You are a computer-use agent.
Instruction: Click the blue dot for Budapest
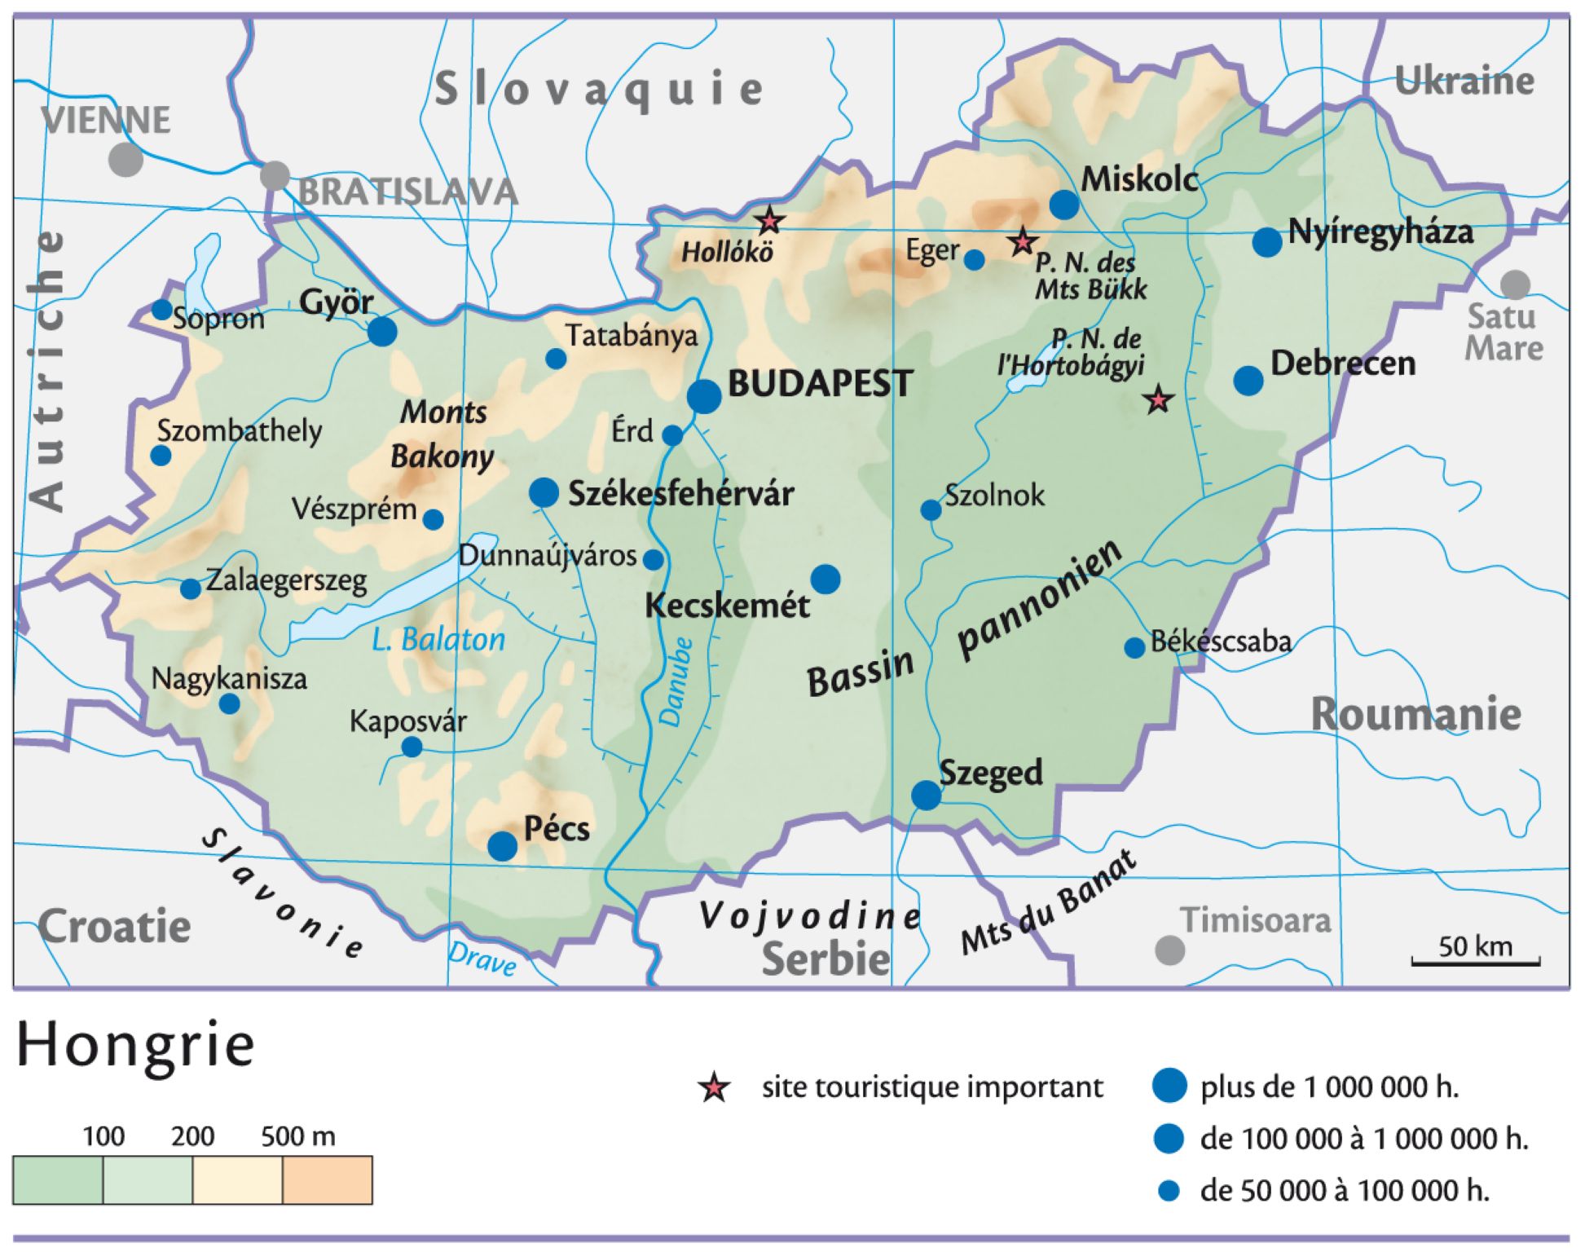pyautogui.click(x=704, y=396)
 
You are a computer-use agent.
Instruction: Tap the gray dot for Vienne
pyautogui.click(x=126, y=159)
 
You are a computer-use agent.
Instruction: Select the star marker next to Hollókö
pyautogui.click(x=768, y=220)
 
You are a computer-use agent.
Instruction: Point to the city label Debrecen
pyautogui.click(x=1342, y=364)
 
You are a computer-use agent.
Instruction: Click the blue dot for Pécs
pyautogui.click(x=502, y=846)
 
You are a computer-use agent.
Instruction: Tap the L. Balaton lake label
pyautogui.click(x=438, y=639)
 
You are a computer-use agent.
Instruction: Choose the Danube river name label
pyautogui.click(x=676, y=681)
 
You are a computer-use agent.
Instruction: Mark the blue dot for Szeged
pyautogui.click(x=926, y=795)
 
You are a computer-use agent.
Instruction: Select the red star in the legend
pyautogui.click(x=715, y=1088)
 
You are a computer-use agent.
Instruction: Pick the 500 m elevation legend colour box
pyautogui.click(x=327, y=1179)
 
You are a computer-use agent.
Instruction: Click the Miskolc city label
pyautogui.click(x=1139, y=179)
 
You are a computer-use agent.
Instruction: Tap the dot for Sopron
pyautogui.click(x=162, y=310)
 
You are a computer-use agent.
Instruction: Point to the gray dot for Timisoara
pyautogui.click(x=1170, y=950)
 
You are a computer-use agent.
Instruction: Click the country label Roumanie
pyautogui.click(x=1415, y=715)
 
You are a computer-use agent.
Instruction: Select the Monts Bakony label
pyautogui.click(x=442, y=434)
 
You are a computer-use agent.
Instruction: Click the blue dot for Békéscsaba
pyautogui.click(x=1134, y=648)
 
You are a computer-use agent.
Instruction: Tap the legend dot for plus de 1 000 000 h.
pyautogui.click(x=1169, y=1087)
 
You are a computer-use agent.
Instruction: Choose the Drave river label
pyautogui.click(x=482, y=959)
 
